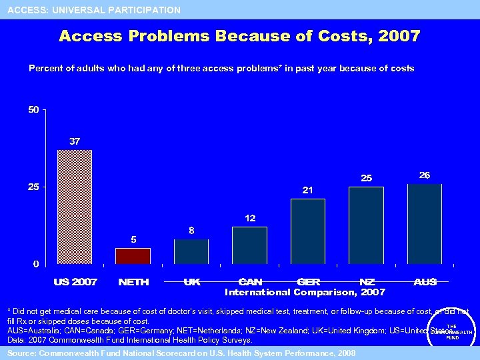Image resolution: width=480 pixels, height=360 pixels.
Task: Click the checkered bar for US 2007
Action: point(75,207)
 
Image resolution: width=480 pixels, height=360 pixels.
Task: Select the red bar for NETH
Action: point(133,256)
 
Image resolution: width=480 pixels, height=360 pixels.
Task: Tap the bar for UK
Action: point(191,251)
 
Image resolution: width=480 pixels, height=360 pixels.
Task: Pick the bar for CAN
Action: point(249,245)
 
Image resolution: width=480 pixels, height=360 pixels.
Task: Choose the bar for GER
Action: point(307,231)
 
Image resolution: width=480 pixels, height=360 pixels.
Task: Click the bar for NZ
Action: point(366,225)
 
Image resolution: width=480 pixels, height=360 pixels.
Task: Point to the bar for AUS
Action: point(425,224)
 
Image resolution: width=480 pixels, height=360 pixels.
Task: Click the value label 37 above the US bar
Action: point(75,141)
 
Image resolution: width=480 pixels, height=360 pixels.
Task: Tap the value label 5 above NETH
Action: point(133,239)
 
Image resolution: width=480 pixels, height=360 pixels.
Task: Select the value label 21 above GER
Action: point(307,190)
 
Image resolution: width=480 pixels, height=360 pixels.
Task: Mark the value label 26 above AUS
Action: point(425,175)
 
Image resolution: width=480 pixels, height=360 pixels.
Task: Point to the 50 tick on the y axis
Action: point(33,109)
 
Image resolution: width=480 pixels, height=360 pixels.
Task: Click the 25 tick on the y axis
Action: point(33,187)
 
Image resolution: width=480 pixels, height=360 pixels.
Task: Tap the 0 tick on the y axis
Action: point(36,264)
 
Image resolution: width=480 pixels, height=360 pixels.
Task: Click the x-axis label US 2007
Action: point(75,282)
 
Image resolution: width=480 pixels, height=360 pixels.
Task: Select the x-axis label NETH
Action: point(133,282)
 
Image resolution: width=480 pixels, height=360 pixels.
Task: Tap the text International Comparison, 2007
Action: point(305,292)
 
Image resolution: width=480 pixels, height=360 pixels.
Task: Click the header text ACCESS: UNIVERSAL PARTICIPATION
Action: point(94,10)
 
